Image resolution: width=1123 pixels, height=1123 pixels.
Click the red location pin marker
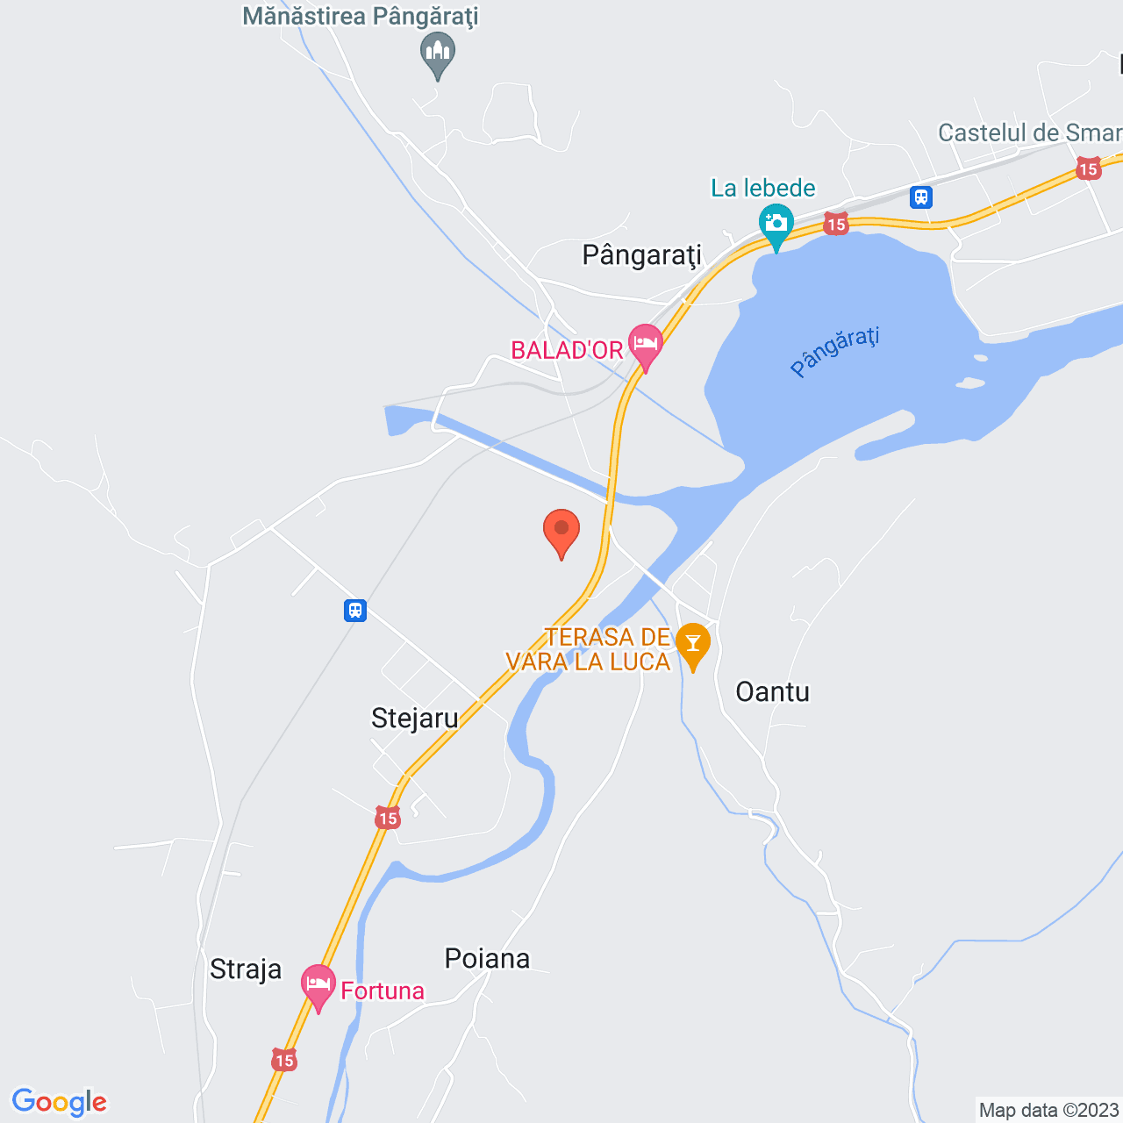561,532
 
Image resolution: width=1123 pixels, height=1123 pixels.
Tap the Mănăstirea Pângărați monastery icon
438,53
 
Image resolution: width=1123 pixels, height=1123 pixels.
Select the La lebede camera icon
776,224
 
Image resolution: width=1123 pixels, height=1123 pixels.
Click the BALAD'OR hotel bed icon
646,344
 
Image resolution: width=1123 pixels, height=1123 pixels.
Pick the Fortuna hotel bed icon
318,984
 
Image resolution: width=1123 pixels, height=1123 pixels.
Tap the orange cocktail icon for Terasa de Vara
692,644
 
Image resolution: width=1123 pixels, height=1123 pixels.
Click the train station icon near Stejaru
355,610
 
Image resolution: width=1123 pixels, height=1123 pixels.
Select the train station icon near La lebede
920,197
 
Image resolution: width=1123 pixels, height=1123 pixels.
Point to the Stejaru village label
415,719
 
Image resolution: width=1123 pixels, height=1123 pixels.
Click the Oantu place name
772,692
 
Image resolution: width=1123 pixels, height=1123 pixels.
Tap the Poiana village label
487,958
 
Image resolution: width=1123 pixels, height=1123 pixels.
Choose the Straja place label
246,969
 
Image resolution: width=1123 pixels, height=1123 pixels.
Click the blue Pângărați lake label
834,351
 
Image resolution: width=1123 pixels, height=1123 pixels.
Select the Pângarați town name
642,255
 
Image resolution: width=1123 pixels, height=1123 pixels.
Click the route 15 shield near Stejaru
388,819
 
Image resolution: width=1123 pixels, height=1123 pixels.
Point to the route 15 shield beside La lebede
836,225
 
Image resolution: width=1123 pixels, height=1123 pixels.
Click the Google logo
60,1102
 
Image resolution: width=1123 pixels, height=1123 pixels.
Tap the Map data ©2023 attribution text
1048,1110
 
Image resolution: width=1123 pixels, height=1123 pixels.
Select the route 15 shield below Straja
284,1061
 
